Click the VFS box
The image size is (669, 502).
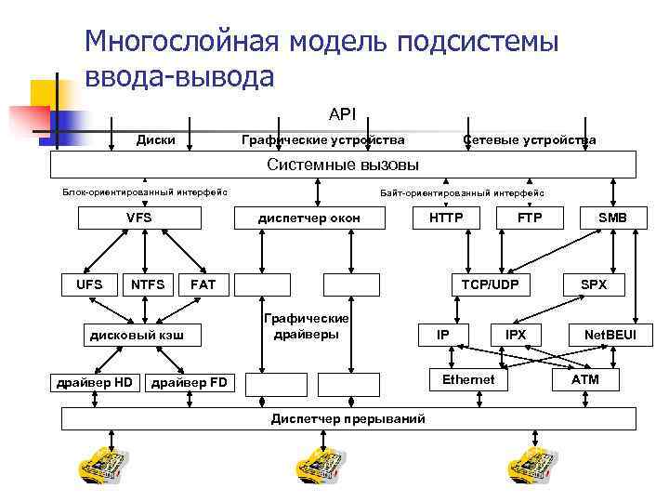[x=138, y=218]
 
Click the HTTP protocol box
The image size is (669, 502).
[x=446, y=218]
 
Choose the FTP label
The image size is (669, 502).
[x=530, y=218]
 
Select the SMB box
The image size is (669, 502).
[x=611, y=218]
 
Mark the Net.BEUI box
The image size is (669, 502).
[x=610, y=334]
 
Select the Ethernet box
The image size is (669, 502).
[x=468, y=380]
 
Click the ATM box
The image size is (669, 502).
[x=585, y=380]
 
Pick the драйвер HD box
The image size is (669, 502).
[x=94, y=383]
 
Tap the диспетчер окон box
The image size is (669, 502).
[x=308, y=218]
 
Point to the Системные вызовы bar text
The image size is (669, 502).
[x=343, y=165]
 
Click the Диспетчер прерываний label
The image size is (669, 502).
[x=348, y=419]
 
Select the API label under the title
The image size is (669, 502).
[x=342, y=114]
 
